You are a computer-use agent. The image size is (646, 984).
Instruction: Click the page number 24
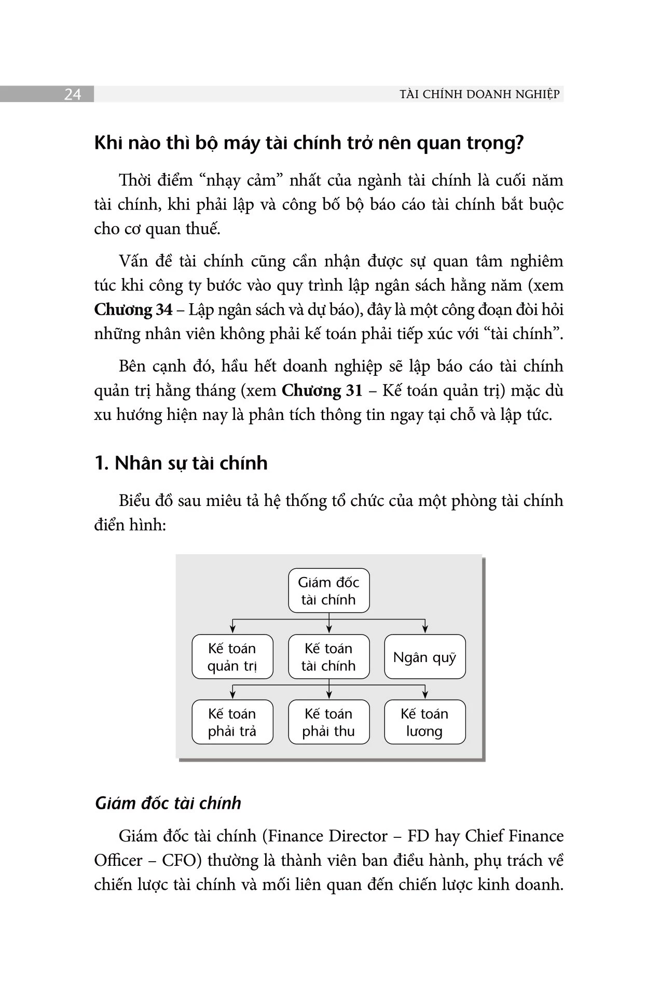coord(72,94)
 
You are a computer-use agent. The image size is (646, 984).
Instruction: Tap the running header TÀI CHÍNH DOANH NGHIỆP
coord(479,94)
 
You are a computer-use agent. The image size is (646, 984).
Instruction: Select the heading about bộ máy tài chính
coord(309,143)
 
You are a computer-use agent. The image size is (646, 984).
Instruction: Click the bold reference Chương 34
coord(133,310)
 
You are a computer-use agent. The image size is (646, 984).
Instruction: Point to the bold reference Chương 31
coord(322,390)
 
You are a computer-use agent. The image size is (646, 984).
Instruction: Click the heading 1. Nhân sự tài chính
coord(181,462)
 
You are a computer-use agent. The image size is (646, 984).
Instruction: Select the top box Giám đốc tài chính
coord(328,591)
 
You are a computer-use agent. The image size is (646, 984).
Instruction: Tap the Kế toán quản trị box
coord(232,657)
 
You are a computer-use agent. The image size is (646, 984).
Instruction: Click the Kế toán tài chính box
coord(328,657)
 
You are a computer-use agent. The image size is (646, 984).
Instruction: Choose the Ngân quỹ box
coord(424,657)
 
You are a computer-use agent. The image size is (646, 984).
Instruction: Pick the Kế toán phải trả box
coord(232,722)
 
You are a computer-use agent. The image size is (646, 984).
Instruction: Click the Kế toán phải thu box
coord(328,722)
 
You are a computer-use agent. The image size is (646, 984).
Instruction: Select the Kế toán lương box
coord(424,722)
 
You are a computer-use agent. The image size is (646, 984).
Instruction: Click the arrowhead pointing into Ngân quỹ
coord(425,629)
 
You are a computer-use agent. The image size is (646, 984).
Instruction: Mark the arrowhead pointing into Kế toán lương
coord(425,695)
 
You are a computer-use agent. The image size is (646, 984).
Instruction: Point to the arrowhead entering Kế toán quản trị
coord(232,629)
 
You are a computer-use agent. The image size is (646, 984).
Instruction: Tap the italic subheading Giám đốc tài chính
coord(168,803)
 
